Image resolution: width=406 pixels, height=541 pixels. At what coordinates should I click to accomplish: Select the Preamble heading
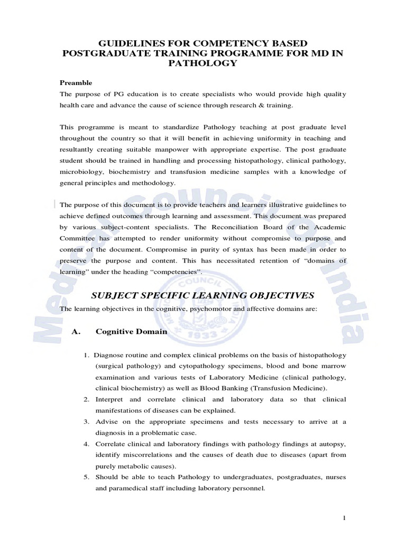click(x=76, y=83)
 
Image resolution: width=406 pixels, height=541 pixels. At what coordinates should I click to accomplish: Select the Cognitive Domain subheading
click(x=131, y=332)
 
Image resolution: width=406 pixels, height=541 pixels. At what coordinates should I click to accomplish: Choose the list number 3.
click(x=86, y=421)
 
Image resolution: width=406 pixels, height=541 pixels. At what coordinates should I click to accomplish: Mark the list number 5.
click(x=86, y=477)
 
